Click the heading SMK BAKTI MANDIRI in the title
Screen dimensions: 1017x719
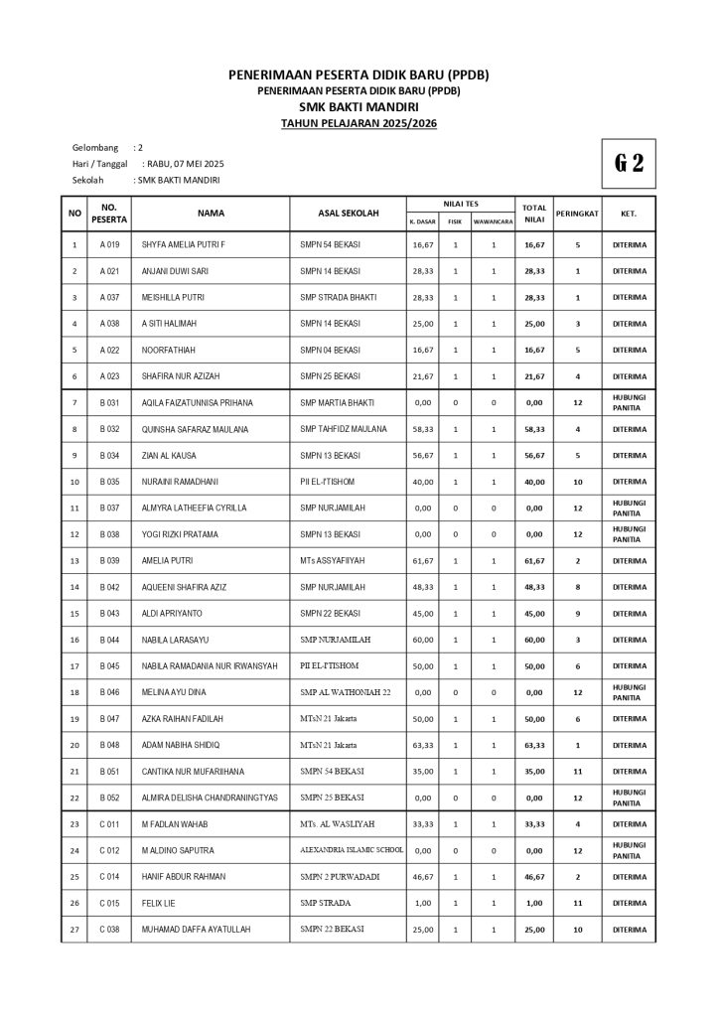359,106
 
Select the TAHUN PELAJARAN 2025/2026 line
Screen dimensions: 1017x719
359,123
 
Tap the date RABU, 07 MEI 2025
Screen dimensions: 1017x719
185,163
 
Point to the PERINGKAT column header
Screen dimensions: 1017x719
577,213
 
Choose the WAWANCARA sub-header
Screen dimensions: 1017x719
493,221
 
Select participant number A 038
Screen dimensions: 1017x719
109,324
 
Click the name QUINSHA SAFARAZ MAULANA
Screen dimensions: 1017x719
195,429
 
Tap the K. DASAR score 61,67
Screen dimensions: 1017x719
422,561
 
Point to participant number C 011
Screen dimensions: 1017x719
109,824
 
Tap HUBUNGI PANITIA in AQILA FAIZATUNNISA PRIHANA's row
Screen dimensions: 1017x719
628,402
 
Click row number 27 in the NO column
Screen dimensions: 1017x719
74,930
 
